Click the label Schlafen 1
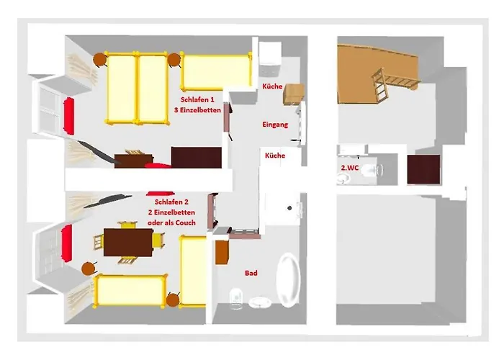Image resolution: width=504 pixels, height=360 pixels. (x=197, y=99)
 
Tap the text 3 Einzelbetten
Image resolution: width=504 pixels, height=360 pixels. (x=198, y=110)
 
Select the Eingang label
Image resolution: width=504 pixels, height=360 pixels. (x=275, y=125)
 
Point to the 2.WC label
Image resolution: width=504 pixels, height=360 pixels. (x=350, y=168)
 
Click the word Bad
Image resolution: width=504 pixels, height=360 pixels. (x=251, y=273)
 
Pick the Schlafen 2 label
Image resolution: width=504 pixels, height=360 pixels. (x=171, y=202)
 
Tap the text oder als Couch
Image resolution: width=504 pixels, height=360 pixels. (x=171, y=222)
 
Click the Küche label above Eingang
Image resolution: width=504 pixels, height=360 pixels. (x=272, y=86)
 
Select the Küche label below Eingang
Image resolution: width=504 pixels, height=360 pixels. (x=275, y=156)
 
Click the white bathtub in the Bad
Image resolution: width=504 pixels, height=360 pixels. (x=288, y=280)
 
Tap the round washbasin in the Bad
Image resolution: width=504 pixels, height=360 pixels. (x=260, y=302)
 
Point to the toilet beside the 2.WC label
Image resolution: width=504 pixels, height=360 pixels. (x=372, y=170)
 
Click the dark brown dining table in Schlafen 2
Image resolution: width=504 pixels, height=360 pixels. (x=128, y=243)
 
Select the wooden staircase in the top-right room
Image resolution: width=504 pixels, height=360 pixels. (x=395, y=83)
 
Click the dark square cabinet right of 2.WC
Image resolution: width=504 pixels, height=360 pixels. (x=423, y=169)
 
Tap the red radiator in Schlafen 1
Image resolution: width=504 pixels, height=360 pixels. (x=69, y=116)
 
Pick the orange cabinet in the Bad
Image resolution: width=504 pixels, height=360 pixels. (x=222, y=252)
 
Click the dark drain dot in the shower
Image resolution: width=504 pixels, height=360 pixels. (x=289, y=208)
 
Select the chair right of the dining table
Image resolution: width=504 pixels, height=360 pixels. (x=158, y=240)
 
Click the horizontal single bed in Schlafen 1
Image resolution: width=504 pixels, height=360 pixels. (x=216, y=72)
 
